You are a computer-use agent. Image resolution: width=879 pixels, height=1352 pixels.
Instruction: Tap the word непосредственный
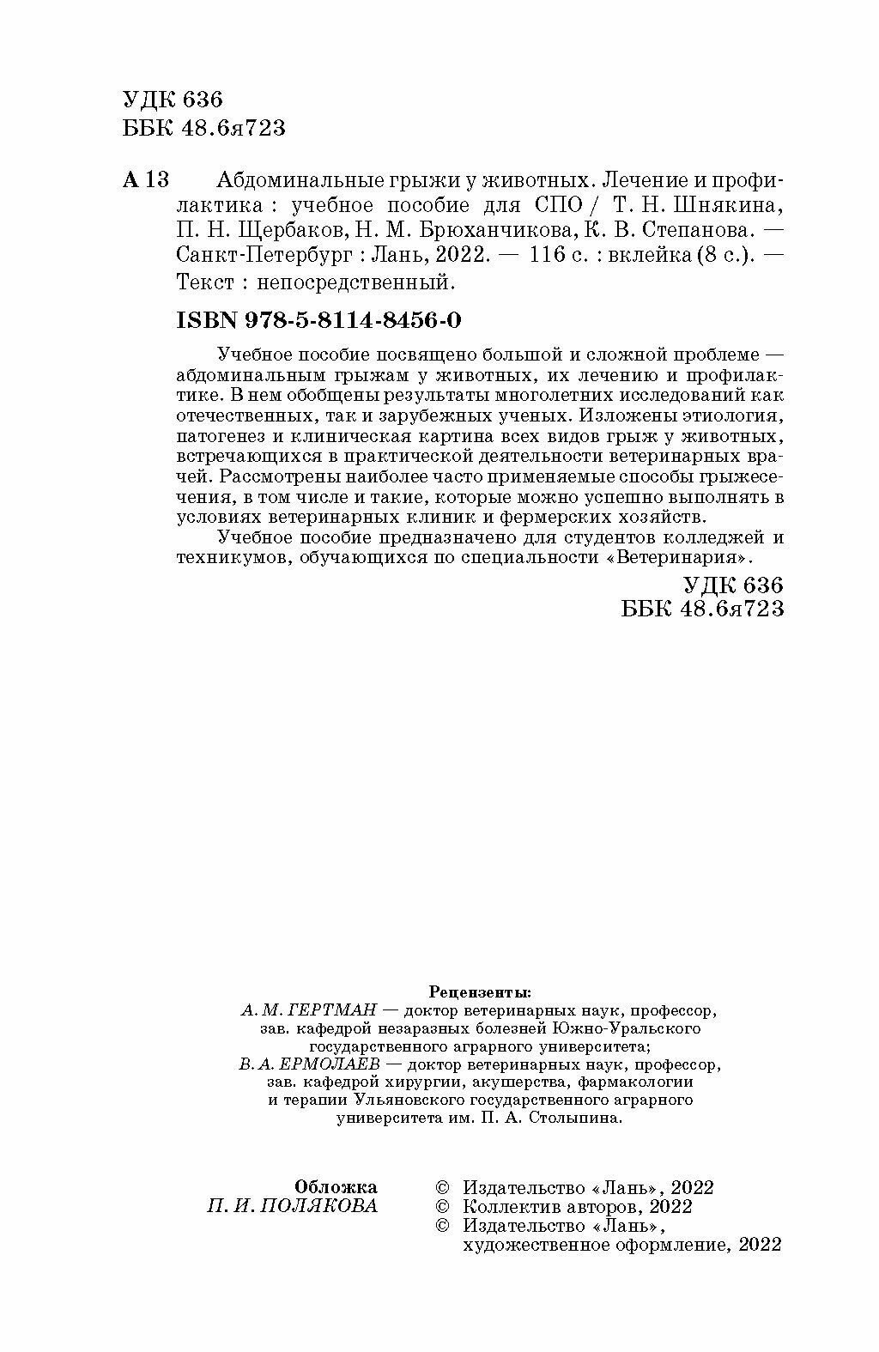353,280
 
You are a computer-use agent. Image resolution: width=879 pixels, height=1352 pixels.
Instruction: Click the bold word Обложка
336,1187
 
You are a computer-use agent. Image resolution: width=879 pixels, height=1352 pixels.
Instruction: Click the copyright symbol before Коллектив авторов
443,1206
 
